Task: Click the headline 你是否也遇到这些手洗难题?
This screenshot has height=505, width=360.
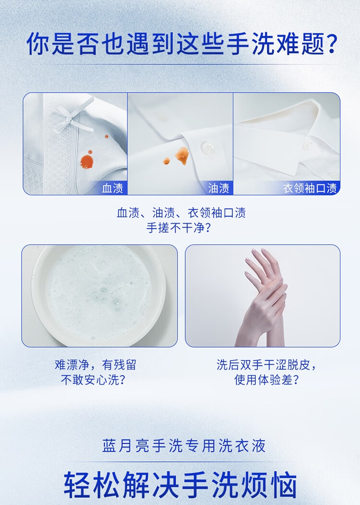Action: tap(182, 43)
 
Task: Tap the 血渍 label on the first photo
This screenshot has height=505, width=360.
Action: tap(112, 188)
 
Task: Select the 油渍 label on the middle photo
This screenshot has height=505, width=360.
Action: tap(218, 188)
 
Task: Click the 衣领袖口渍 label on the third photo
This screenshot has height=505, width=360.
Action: tap(310, 188)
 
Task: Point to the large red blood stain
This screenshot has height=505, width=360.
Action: tap(87, 161)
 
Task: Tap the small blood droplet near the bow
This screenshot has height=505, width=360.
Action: tap(107, 137)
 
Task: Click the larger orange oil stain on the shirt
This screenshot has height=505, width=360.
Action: tap(182, 155)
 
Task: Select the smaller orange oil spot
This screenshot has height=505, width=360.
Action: tap(166, 161)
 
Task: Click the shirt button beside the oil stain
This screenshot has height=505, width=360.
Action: tap(207, 148)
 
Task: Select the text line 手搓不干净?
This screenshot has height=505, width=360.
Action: tap(179, 228)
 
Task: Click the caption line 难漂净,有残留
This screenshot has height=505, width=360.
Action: tap(96, 364)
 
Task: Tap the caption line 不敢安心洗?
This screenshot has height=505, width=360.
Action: tap(93, 380)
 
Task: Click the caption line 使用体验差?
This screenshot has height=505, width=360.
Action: tap(267, 380)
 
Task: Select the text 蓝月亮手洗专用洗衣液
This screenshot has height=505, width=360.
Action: tap(184, 446)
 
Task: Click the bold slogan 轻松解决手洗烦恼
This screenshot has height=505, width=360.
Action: tap(180, 485)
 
